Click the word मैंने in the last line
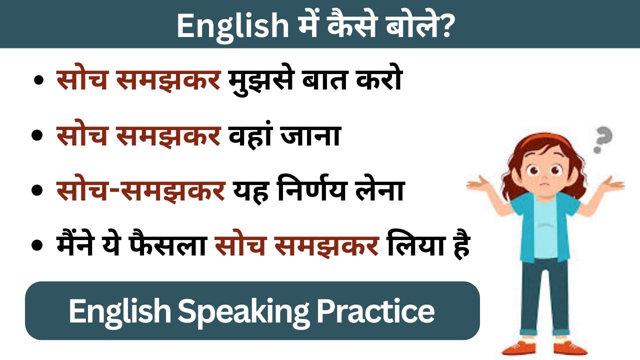click(x=82, y=246)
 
